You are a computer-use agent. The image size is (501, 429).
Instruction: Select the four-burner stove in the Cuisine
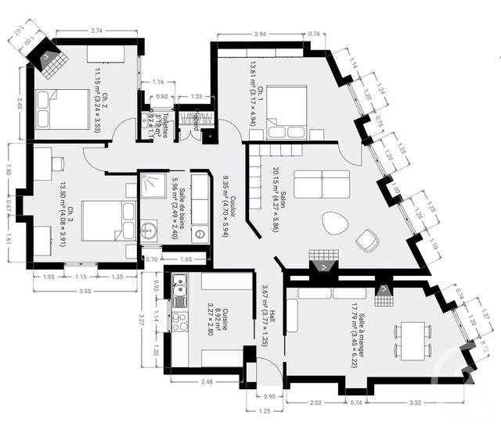(x=179, y=321)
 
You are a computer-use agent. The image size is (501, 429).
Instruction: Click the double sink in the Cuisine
(x=179, y=290)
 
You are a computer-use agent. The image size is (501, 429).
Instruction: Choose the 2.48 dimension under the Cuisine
(x=207, y=381)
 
